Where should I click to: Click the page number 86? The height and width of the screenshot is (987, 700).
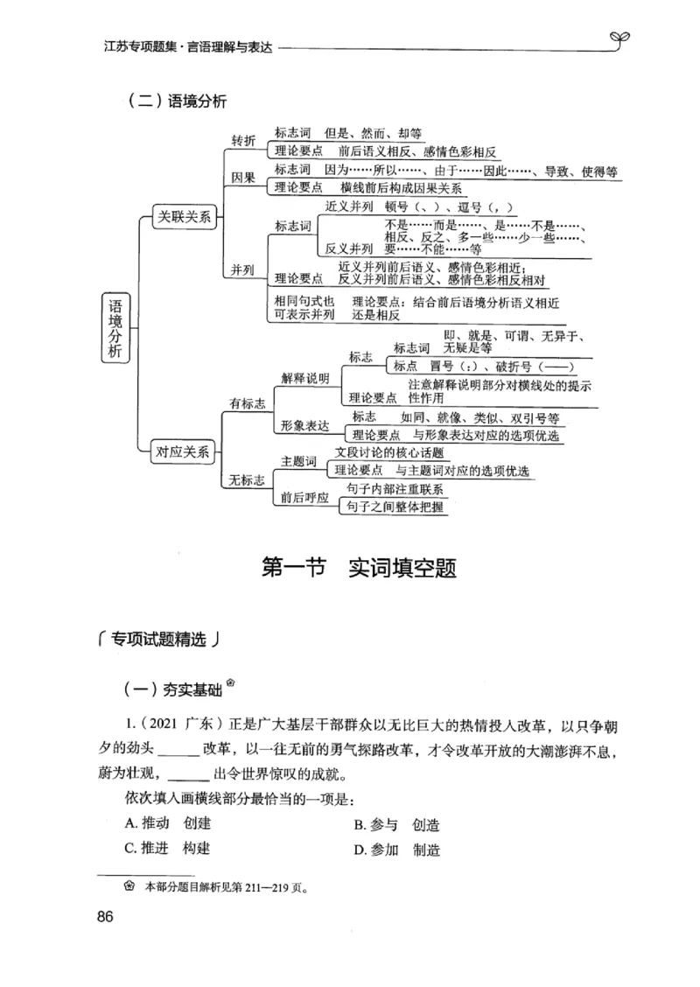[x=103, y=917]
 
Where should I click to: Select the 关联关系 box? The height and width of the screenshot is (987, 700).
[x=183, y=216]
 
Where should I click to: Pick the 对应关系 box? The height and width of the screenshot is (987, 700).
[x=183, y=451]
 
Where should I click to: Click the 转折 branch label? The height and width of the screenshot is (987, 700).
[x=243, y=141]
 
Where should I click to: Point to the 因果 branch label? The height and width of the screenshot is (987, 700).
[x=243, y=178]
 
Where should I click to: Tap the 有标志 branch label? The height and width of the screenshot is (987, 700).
[x=248, y=403]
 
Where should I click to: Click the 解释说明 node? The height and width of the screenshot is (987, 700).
[x=304, y=378]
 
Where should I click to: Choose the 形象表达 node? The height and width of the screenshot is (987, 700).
[x=304, y=426]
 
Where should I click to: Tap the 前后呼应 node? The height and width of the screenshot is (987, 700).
[x=304, y=498]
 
